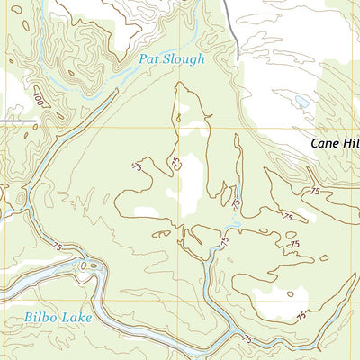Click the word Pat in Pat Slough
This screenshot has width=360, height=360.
click(150, 59)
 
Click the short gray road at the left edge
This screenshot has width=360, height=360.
click(18, 120)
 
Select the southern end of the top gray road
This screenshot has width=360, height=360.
click(237, 59)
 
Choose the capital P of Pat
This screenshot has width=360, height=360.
click(143, 59)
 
